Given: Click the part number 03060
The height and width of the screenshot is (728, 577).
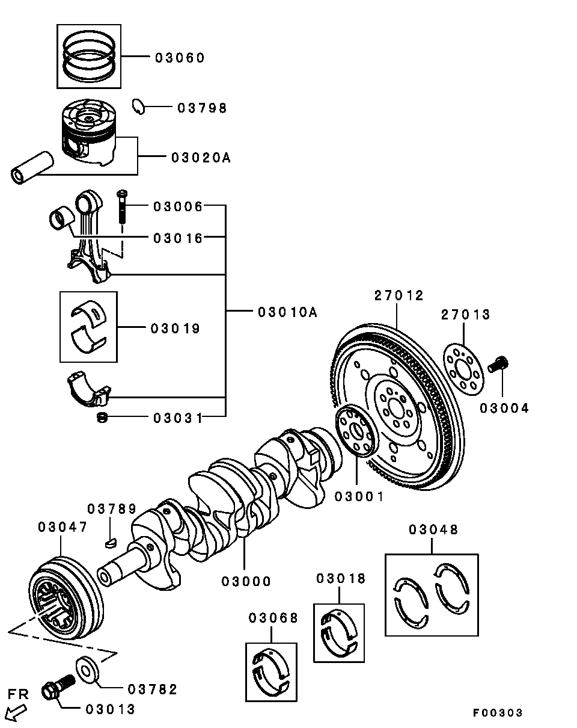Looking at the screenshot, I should pyautogui.click(x=180, y=58).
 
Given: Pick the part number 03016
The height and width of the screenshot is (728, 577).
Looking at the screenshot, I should pyautogui.click(x=178, y=238).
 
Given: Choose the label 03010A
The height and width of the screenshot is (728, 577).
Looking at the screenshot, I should pyautogui.click(x=287, y=312).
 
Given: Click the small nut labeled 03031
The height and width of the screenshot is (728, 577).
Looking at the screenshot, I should pyautogui.click(x=103, y=417).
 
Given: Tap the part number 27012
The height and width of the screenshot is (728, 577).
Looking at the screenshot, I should pyautogui.click(x=399, y=295).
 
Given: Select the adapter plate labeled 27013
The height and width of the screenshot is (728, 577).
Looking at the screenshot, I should pyautogui.click(x=462, y=372).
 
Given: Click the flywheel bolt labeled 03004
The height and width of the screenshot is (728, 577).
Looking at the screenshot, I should pyautogui.click(x=499, y=363).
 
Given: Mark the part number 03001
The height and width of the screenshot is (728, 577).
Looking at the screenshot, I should pyautogui.click(x=358, y=496).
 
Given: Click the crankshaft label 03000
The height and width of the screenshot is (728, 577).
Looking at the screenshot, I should pyautogui.click(x=246, y=581).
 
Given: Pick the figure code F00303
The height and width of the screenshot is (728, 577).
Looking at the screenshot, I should pyautogui.click(x=498, y=713).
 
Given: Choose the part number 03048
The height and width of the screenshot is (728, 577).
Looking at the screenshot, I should pyautogui.click(x=433, y=529).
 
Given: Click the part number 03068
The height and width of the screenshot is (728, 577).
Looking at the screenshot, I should pyautogui.click(x=273, y=617).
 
